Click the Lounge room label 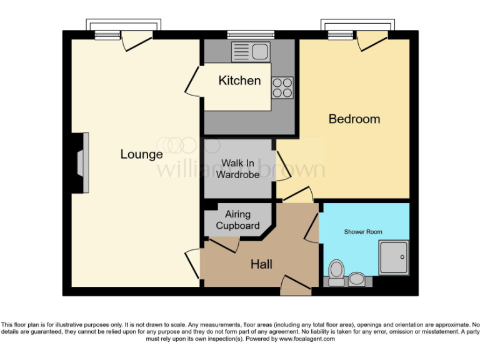click(141, 154)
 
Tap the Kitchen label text click(239, 81)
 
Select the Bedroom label click(354, 119)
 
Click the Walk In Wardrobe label click(239, 169)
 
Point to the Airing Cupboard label click(237, 220)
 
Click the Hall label click(261, 265)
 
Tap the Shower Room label click(363, 232)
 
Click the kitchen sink click(250, 51)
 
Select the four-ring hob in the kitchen click(282, 87)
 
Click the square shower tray click(393, 257)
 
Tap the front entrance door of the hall click(296, 286)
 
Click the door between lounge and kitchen click(194, 81)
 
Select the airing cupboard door click(225, 245)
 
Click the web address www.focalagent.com click(306, 339)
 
